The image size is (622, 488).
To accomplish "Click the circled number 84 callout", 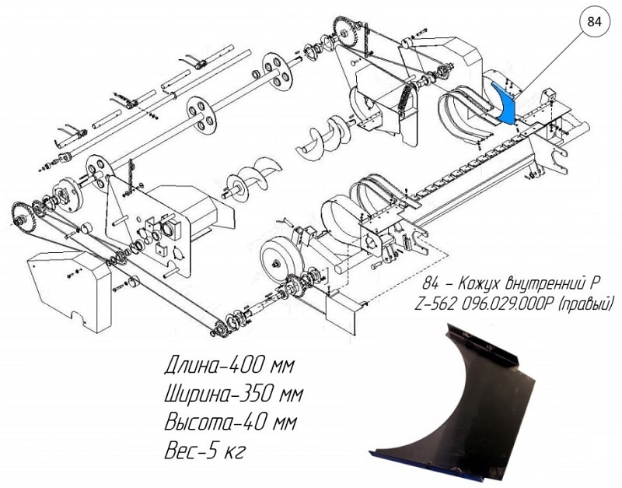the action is click(594, 22).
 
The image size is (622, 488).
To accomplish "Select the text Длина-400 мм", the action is click(229, 366).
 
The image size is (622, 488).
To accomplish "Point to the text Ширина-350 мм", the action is click(234, 395).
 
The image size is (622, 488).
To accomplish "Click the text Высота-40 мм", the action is click(230, 423).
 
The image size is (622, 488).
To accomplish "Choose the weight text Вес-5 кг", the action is click(204, 451).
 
